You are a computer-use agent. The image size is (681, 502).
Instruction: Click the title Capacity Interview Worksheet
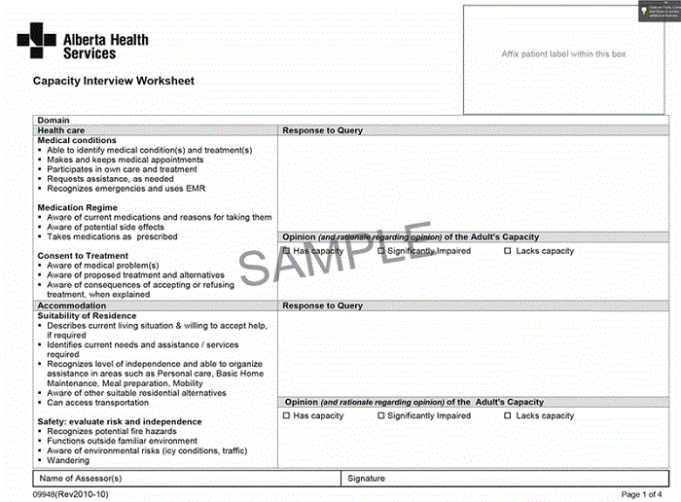point(113,82)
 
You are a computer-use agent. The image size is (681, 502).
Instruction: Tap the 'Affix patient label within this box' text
point(563,54)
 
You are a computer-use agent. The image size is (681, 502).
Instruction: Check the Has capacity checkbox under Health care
point(286,251)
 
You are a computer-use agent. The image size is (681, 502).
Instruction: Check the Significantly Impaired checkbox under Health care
point(381,251)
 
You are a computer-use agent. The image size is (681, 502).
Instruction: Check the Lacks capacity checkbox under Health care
point(508,251)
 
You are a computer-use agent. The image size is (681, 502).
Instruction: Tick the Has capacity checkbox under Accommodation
point(286,415)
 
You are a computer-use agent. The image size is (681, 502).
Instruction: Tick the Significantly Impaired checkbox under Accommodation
point(381,415)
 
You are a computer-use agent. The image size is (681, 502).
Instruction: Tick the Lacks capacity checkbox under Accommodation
point(508,415)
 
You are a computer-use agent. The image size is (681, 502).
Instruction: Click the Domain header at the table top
point(53,120)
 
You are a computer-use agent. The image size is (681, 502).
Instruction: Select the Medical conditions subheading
point(77,140)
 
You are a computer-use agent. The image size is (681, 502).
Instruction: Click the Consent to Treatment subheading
point(83,255)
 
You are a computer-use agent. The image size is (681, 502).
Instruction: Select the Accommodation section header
point(72,305)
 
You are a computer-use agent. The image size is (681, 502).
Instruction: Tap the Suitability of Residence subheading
point(88,316)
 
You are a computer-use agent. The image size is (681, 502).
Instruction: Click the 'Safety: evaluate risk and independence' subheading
point(120,421)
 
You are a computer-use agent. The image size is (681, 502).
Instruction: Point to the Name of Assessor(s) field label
point(81,479)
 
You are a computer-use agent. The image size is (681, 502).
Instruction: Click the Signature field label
point(367,479)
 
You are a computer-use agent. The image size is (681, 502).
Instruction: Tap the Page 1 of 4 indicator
point(642,495)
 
